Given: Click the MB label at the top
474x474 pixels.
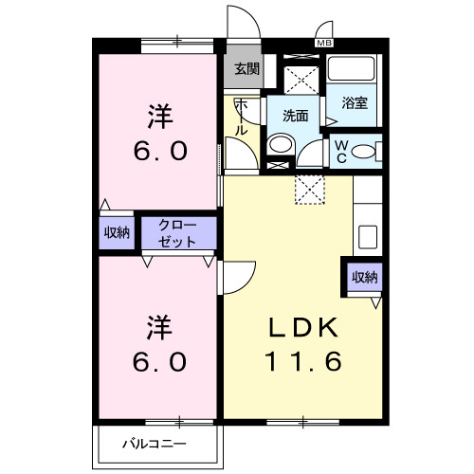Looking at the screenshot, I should pos(324,43).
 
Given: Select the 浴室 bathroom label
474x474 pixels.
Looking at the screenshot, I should pos(355,104).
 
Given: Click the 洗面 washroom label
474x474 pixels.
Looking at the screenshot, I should pos(295,116).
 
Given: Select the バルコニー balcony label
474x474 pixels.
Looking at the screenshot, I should pos(155,443).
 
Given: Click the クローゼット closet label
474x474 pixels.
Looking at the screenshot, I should pos(177,233).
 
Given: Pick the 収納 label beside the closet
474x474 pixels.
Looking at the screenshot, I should pos(117,233).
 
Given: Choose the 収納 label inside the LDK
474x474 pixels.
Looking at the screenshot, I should pos(365,278).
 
